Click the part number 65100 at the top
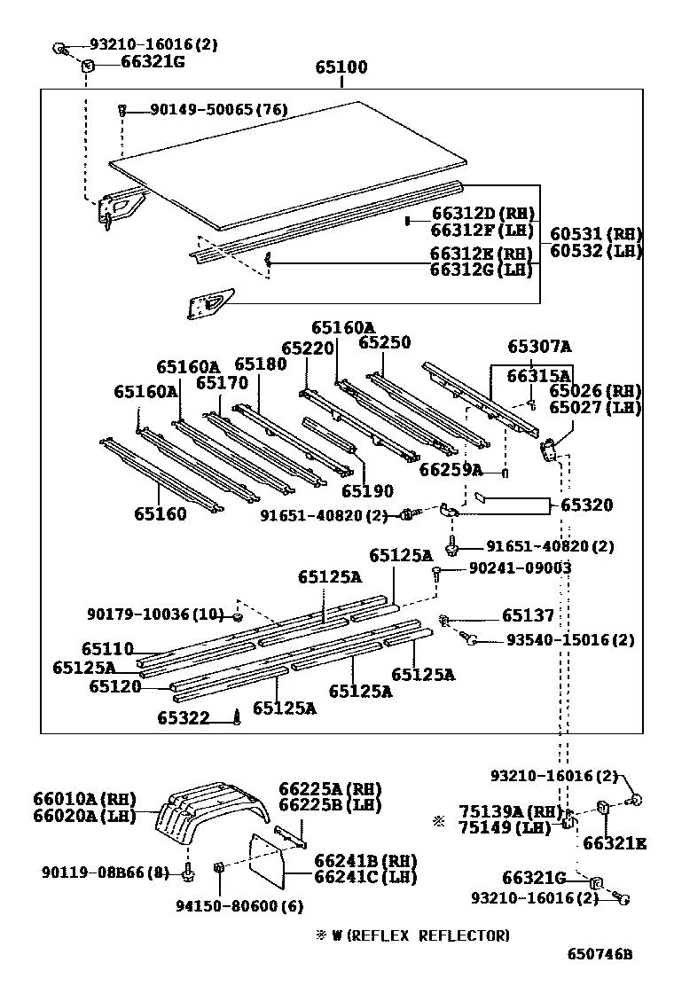341,67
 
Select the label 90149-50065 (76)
219,109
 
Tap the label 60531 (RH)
596,234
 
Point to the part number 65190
367,490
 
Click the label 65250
384,343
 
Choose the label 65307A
539,347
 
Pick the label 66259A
451,470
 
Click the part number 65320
586,505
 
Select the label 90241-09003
520,567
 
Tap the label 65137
529,615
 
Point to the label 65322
184,717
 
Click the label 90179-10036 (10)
155,614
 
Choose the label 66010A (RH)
85,799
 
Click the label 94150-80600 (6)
239,906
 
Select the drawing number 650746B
600,954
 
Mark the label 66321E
615,843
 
